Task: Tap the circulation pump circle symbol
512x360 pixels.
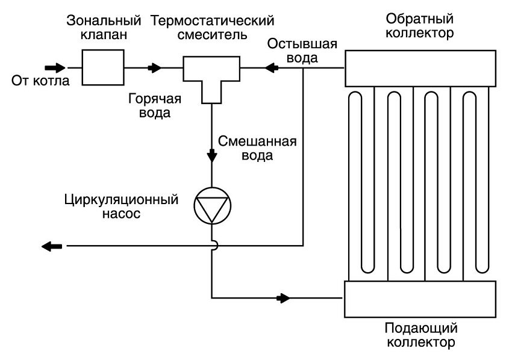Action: [x=212, y=206]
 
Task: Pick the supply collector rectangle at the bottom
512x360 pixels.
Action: [x=420, y=299]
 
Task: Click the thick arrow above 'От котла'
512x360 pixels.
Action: [x=54, y=67]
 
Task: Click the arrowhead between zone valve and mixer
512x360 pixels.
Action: [x=156, y=68]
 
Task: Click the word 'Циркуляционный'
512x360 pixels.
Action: [x=121, y=199]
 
